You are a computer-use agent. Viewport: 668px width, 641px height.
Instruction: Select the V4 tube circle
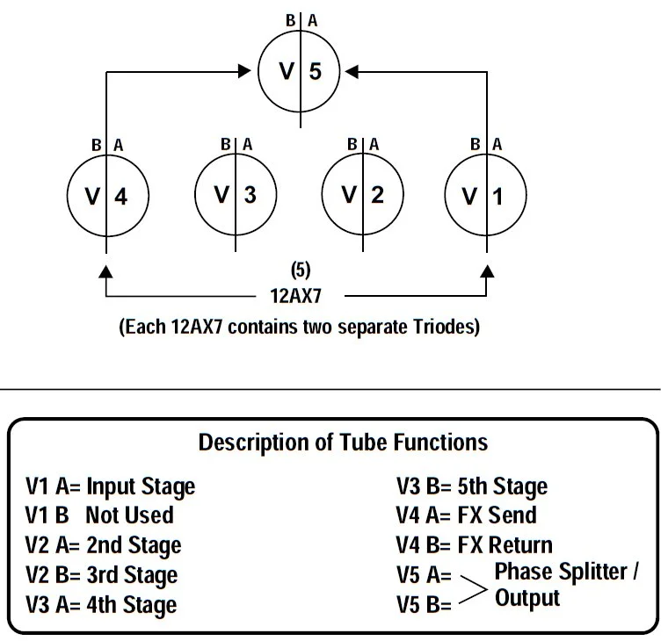pos(106,196)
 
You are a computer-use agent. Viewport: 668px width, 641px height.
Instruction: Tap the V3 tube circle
pos(235,194)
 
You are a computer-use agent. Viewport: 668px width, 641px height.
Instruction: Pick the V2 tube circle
pos(362,194)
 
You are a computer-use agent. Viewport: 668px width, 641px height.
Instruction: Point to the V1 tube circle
pos(485,196)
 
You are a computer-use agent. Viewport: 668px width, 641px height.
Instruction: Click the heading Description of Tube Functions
pos(343,442)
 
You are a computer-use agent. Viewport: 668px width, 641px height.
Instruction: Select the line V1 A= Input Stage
pos(111,486)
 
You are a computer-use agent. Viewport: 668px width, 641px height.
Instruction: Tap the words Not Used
pos(129,515)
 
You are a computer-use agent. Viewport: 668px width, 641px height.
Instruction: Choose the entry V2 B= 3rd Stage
pos(102,574)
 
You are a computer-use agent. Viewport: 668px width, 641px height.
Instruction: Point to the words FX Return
pos(505,544)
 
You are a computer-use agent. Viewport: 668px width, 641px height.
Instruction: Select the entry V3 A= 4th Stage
pos(102,604)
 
